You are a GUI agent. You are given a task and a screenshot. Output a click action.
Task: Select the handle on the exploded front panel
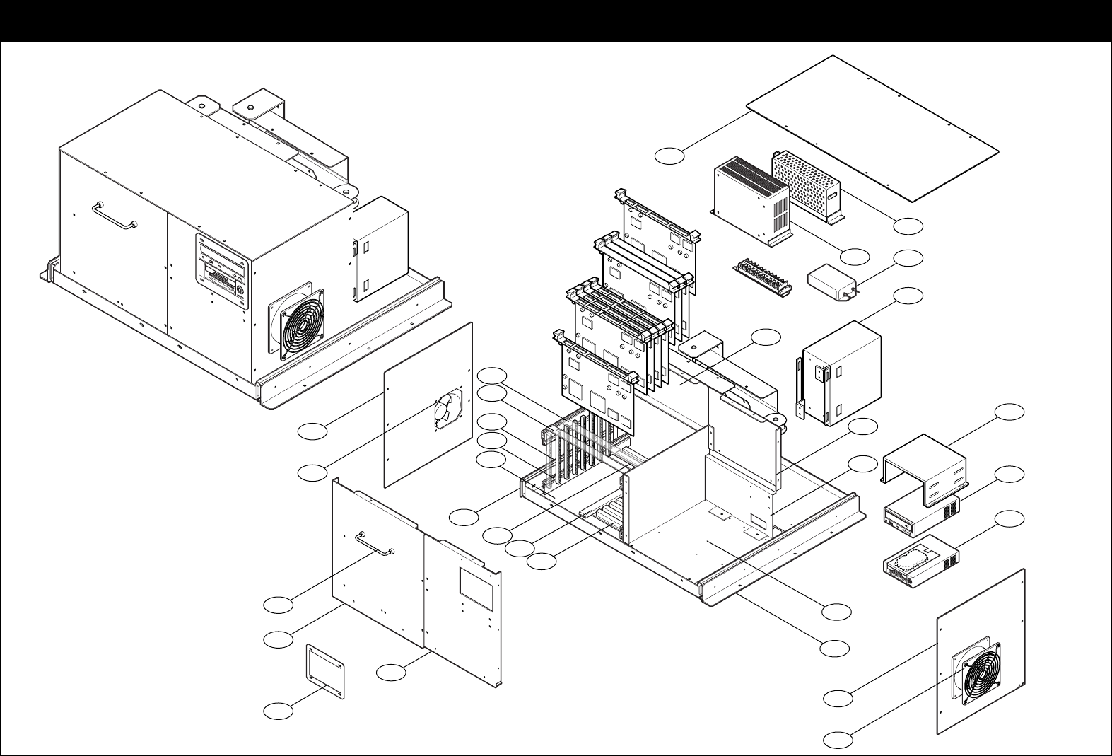point(374,543)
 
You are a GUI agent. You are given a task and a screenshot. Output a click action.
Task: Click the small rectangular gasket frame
point(324,671)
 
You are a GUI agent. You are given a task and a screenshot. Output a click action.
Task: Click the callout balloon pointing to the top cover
point(669,156)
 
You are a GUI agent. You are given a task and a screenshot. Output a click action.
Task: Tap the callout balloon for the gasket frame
point(278,711)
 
